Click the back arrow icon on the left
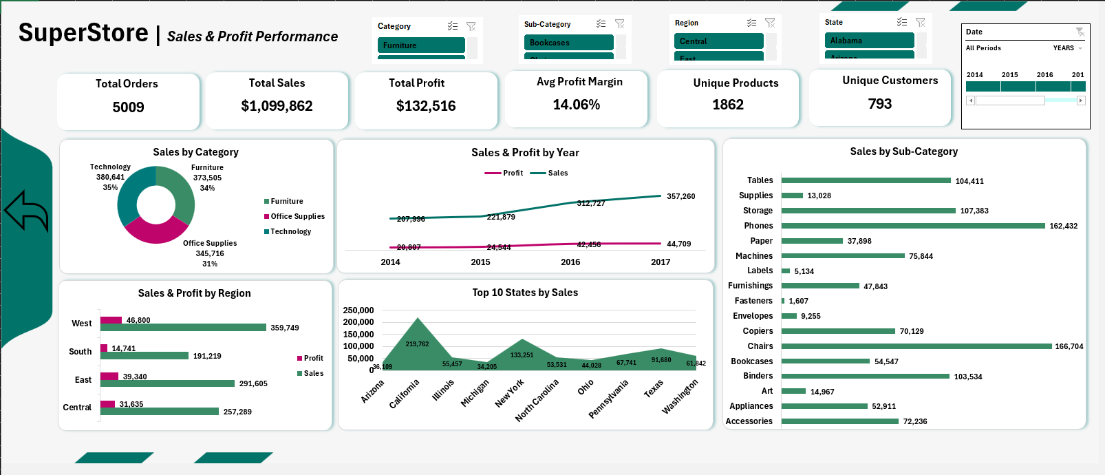[26, 211]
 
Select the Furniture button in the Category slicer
[421, 45]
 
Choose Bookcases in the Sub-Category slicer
[568, 43]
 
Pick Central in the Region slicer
[718, 41]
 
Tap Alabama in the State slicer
[869, 41]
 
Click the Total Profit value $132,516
[426, 106]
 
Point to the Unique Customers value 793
[879, 104]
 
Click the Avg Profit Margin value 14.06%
[577, 105]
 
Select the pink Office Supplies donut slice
[155, 231]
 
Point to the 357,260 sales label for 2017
[680, 196]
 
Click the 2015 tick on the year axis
[480, 262]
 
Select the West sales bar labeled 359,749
[183, 328]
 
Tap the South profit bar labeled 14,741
[104, 348]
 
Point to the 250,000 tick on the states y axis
[358, 310]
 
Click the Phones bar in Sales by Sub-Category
[912, 226]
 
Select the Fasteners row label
[753, 301]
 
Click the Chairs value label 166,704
[1069, 347]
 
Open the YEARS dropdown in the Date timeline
[1067, 48]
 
